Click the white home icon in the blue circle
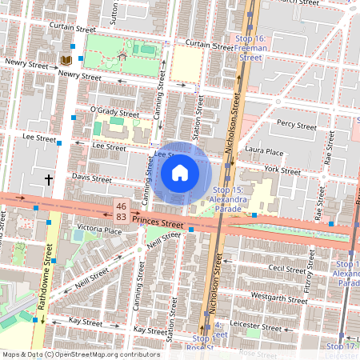click(180, 172)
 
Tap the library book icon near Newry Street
click(64, 60)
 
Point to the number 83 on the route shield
click(121, 217)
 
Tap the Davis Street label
click(92, 179)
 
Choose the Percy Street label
click(297, 125)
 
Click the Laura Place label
click(265, 151)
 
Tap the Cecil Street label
click(287, 270)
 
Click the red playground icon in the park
click(122, 57)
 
